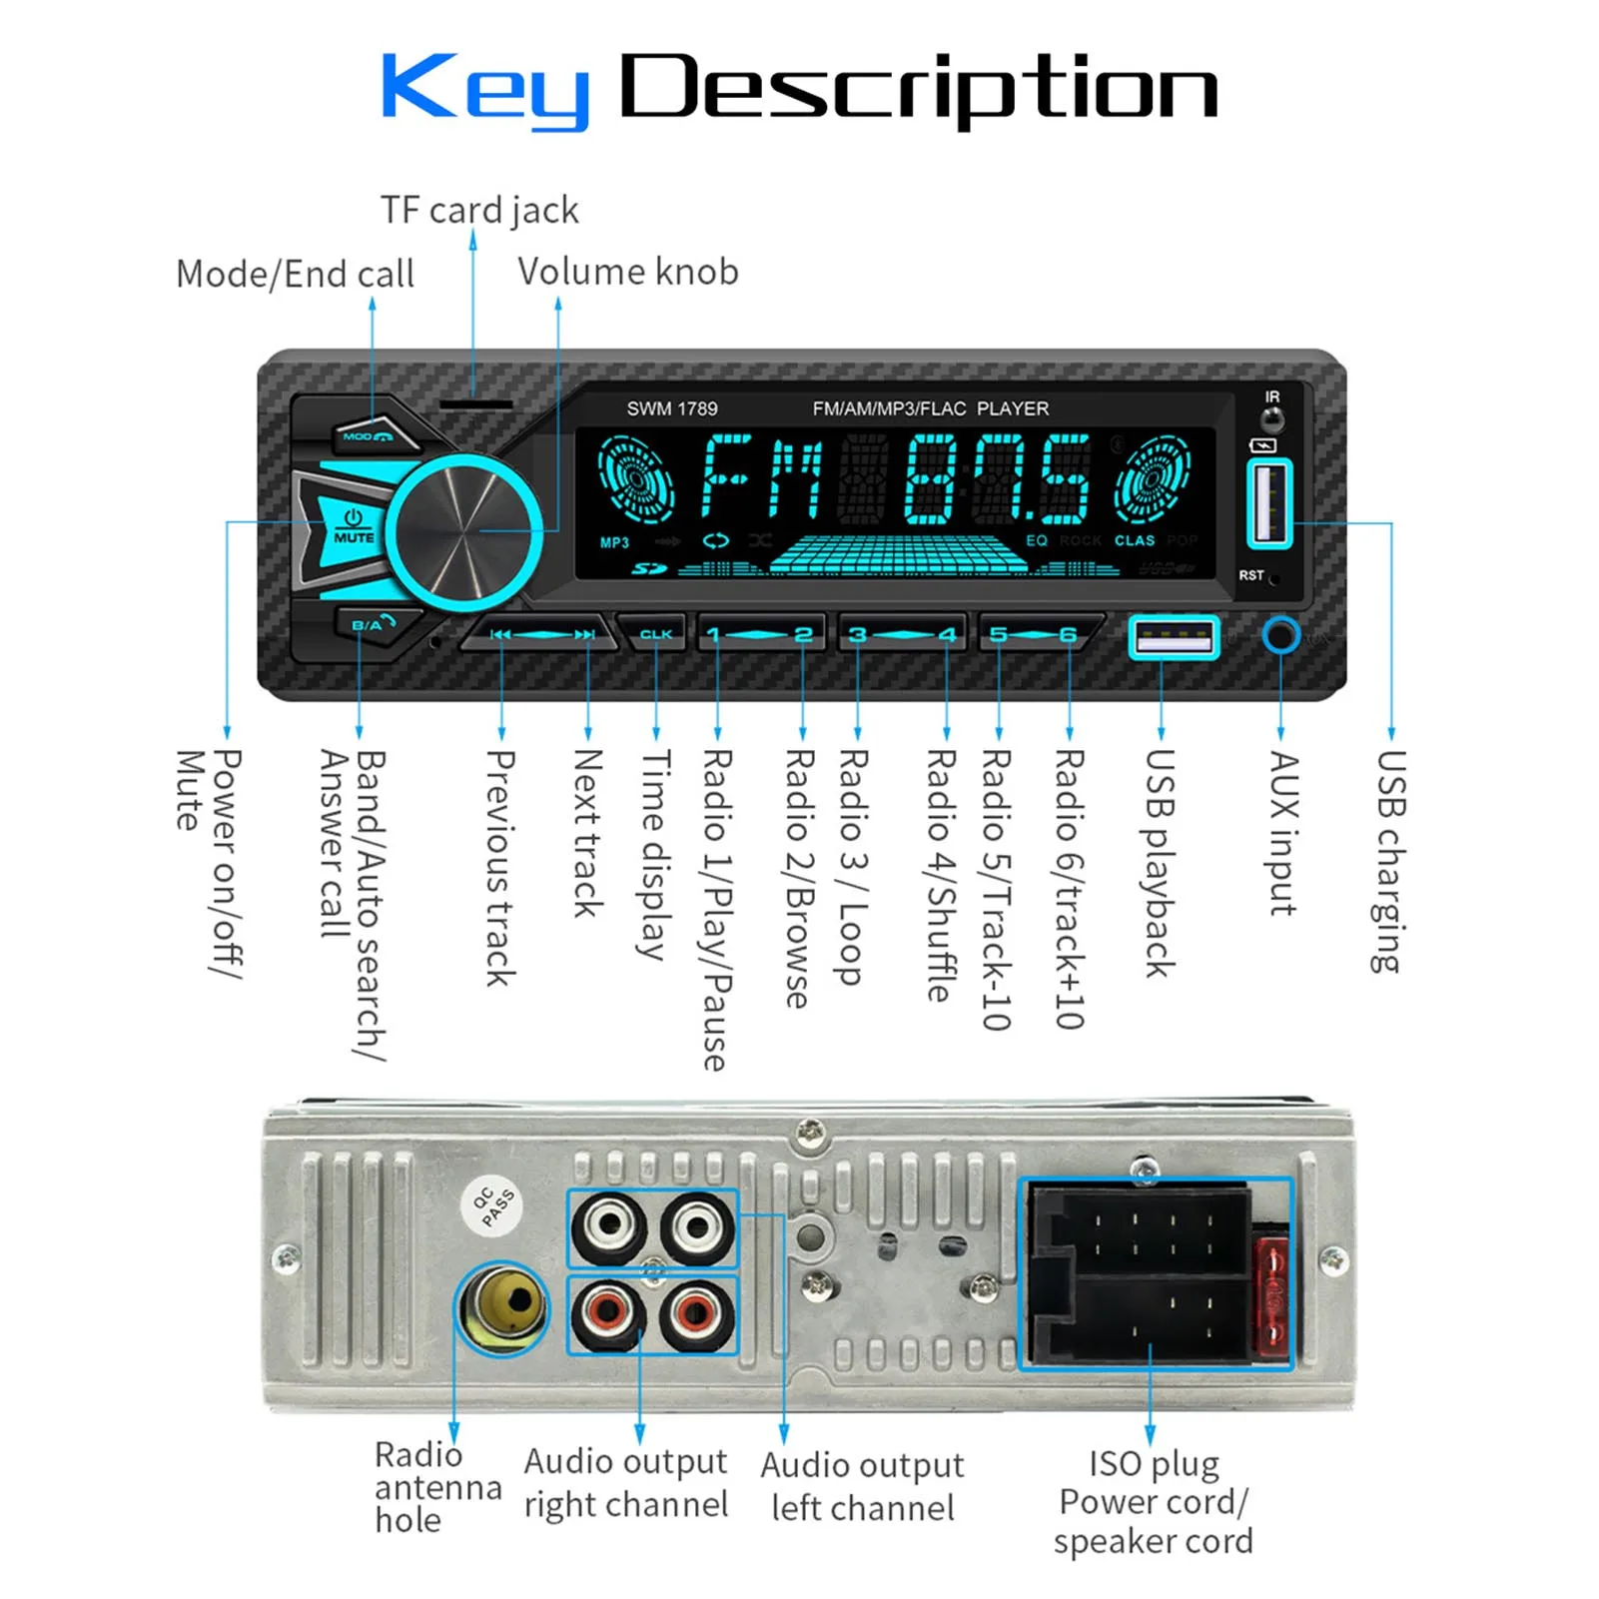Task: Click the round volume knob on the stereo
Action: pyautogui.click(x=464, y=532)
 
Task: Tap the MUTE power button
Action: pyautogui.click(x=352, y=527)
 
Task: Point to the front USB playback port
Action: pyautogui.click(x=1174, y=637)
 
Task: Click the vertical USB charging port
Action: pyautogui.click(x=1269, y=502)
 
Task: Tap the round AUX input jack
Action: pyautogui.click(x=1280, y=635)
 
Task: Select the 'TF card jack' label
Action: pyautogui.click(x=479, y=210)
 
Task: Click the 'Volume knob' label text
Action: pyautogui.click(x=628, y=272)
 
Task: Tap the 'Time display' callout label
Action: pyautogui.click(x=654, y=854)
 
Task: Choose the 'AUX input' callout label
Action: pyautogui.click(x=1282, y=833)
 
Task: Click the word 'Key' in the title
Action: pyautogui.click(x=485, y=89)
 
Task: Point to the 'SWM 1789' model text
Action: pyautogui.click(x=672, y=408)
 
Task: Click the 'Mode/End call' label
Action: pyautogui.click(x=295, y=274)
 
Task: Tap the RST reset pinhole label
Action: pyautogui.click(x=1251, y=575)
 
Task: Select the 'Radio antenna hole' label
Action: pyautogui.click(x=436, y=1487)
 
